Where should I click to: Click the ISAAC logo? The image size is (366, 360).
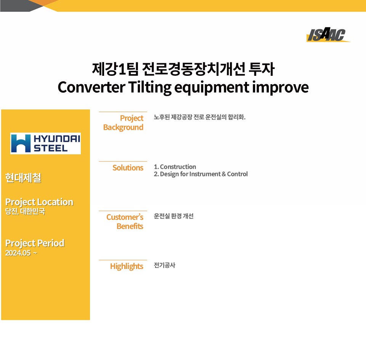point(328,35)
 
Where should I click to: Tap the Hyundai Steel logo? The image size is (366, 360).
point(45,143)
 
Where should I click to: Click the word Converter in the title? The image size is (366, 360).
point(91,87)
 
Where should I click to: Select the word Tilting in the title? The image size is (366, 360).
point(149,88)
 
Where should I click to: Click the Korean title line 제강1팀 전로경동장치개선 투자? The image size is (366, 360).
point(183,69)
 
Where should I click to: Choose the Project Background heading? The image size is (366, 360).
point(123,123)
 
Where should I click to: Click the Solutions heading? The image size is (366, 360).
point(128,168)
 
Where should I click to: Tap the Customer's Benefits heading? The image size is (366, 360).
point(125,221)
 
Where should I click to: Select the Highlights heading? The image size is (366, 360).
point(127,266)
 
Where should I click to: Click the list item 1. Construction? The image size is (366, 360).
point(175,167)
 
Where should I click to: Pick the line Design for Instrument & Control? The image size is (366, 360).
point(204,174)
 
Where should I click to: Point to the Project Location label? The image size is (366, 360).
point(39,202)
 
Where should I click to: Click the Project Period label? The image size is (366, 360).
point(35,243)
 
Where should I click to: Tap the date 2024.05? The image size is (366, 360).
point(18,253)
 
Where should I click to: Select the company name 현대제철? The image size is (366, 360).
point(23,178)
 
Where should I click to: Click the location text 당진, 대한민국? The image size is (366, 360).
point(25,211)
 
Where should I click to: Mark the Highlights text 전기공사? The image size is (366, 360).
point(165,266)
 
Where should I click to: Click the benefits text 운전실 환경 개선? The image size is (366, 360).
point(174,216)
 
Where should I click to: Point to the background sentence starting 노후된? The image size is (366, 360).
point(199,117)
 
